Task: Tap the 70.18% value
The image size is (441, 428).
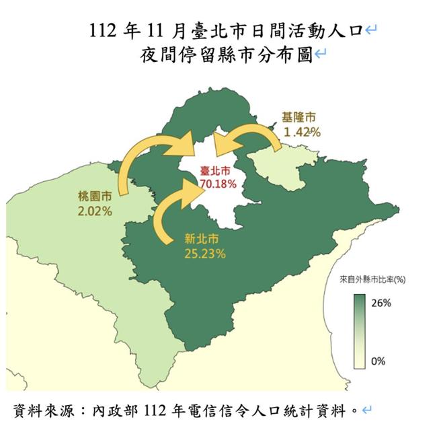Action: coord(216,184)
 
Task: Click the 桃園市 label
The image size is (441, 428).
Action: coord(93,197)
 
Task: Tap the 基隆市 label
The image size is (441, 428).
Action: coord(299,118)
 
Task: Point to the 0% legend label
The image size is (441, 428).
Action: coord(378,361)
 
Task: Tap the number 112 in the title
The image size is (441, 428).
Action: coord(102,30)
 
